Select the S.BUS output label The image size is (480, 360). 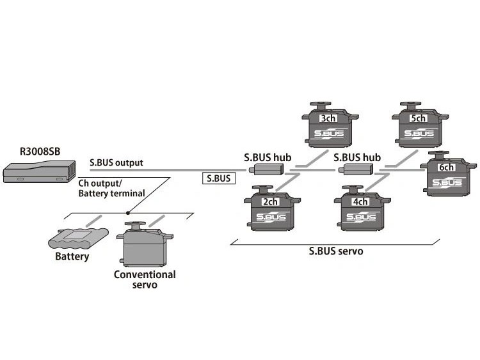[116, 162]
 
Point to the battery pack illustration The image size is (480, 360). [77, 239]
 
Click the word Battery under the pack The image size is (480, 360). [72, 257]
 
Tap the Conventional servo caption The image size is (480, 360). [145, 279]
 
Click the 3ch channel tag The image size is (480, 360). [328, 118]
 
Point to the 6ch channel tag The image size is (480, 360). [446, 168]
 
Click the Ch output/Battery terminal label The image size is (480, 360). [112, 187]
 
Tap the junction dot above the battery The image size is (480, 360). [129, 212]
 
